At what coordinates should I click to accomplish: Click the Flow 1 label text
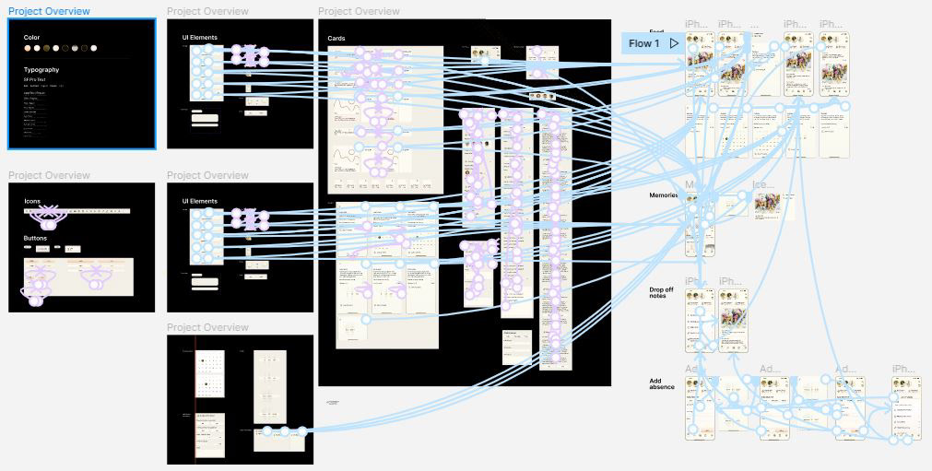coord(644,43)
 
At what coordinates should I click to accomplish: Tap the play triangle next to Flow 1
coord(675,43)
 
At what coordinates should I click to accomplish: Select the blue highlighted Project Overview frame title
coord(49,11)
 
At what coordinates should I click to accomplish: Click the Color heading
coord(31,38)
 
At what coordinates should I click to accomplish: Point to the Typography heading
coord(41,70)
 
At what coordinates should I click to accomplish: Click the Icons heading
coord(32,201)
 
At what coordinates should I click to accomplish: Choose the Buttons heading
coord(36,238)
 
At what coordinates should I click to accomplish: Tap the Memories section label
coord(663,195)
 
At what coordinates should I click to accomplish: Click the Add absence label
coord(662,383)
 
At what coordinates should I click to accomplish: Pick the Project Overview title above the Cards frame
coord(359,11)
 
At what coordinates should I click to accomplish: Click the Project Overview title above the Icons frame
coord(49,175)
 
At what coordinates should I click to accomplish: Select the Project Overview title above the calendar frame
coord(207,327)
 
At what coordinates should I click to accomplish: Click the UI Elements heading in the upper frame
coord(199,38)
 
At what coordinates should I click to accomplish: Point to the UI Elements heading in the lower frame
coord(199,201)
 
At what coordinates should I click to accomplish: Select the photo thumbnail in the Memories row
coord(767,207)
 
